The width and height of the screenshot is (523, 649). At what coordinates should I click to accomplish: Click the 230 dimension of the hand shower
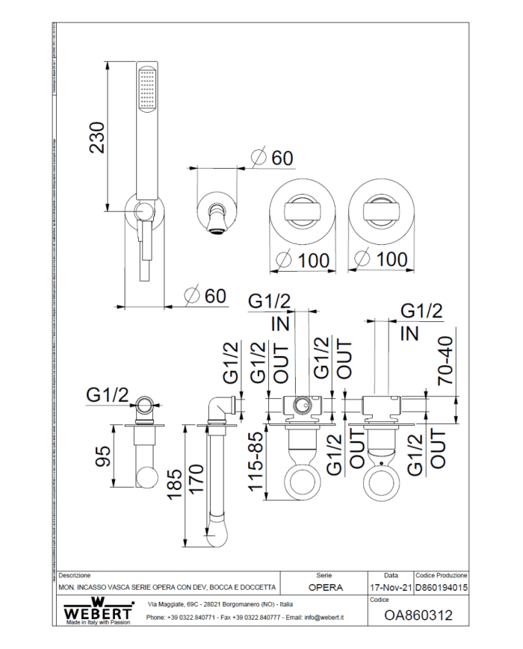98,137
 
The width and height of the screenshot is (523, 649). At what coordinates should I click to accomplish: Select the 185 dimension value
173,485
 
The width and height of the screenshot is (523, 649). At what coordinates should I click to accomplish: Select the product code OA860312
418,616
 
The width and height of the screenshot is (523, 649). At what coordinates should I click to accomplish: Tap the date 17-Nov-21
390,588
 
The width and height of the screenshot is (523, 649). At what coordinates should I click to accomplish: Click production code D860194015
441,588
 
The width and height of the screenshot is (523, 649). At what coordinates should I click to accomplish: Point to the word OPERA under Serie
325,588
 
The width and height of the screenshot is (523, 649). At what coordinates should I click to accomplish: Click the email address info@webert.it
329,618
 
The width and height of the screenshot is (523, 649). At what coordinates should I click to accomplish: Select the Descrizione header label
75,576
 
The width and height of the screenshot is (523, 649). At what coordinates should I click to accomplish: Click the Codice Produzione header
441,576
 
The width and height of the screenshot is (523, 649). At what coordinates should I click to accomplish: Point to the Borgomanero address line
220,603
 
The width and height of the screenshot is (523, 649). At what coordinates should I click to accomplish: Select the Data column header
391,576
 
